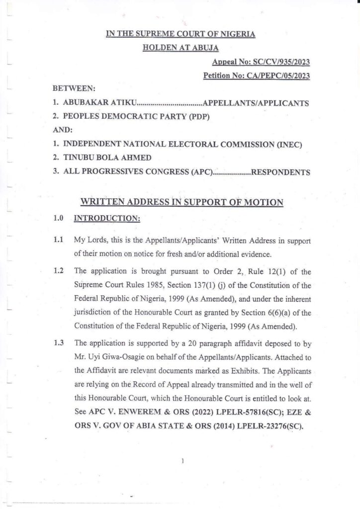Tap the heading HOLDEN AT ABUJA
click(181, 48)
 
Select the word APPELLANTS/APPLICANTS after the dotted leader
click(256, 103)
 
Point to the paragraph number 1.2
click(58, 271)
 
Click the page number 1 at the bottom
click(183, 461)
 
